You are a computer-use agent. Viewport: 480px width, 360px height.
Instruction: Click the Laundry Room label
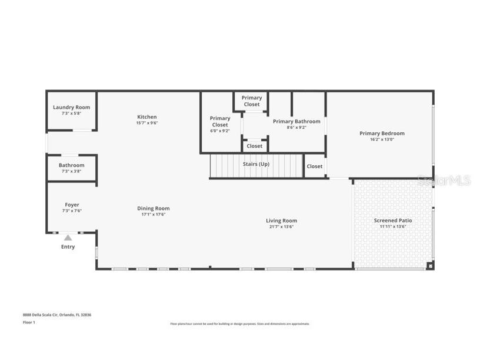pyautogui.click(x=71, y=107)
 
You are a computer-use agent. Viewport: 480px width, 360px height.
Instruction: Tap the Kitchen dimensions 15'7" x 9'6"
pyautogui.click(x=147, y=123)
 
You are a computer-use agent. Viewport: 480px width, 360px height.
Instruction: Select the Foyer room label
pyautogui.click(x=72, y=205)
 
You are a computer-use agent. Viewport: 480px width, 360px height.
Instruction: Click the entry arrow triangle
pyautogui.click(x=68, y=238)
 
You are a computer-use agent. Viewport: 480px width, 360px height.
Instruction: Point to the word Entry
pyautogui.click(x=68, y=247)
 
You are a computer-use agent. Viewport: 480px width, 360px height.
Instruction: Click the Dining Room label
pyautogui.click(x=154, y=208)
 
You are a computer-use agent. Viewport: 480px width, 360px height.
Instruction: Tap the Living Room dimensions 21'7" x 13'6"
pyautogui.click(x=281, y=226)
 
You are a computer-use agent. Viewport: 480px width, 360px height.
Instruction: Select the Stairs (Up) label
pyautogui.click(x=256, y=164)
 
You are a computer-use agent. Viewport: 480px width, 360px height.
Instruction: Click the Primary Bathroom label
pyautogui.click(x=296, y=121)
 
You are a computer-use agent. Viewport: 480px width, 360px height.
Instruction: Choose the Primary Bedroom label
pyautogui.click(x=382, y=134)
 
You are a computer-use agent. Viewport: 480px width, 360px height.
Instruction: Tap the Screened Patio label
pyautogui.click(x=393, y=221)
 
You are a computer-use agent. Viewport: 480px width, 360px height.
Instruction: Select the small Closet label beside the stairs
pyautogui.click(x=315, y=166)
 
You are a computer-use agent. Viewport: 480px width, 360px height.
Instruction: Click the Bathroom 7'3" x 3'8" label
pyautogui.click(x=71, y=165)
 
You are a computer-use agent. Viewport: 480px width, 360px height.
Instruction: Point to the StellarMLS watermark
pyautogui.click(x=444, y=181)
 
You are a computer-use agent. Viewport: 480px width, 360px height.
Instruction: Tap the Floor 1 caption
pyautogui.click(x=29, y=322)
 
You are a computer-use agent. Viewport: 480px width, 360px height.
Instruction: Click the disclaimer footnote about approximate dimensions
pyautogui.click(x=240, y=324)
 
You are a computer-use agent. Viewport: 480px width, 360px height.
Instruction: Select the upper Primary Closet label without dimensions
pyautogui.click(x=252, y=101)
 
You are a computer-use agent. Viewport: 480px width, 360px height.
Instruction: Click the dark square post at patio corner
pyautogui.click(x=431, y=266)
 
